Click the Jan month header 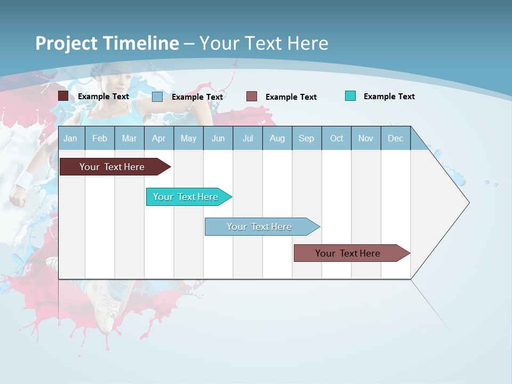tap(70, 139)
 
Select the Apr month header tap(158, 139)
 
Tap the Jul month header tap(247, 139)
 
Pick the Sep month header tap(306, 139)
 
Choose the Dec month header tap(395, 139)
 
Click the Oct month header tap(337, 139)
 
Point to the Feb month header tap(100, 139)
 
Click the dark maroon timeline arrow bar tap(112, 167)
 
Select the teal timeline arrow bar tap(186, 197)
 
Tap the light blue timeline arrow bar tap(259, 227)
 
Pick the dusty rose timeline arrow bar tap(348, 253)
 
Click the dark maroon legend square tap(63, 96)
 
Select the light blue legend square tap(157, 97)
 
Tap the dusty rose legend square tap(252, 97)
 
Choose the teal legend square tap(350, 96)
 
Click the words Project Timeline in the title tap(107, 43)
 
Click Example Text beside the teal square tap(389, 97)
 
